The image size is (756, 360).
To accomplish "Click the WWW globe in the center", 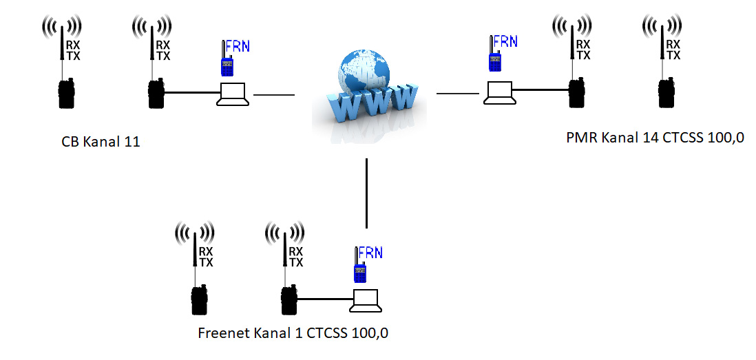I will tap(366, 93).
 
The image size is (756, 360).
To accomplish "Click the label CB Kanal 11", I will tap(100, 142).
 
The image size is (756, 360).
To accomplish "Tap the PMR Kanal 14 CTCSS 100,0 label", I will tap(655, 138).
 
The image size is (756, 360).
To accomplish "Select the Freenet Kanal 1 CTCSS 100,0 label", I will tap(293, 334).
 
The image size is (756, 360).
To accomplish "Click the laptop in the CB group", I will tap(232, 94).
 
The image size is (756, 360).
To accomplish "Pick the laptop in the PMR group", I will tap(498, 93).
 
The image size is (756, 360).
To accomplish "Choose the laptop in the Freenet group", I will tap(365, 301).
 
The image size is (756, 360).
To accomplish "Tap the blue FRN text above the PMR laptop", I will tap(505, 41).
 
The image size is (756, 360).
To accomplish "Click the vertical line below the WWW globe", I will tap(366, 193).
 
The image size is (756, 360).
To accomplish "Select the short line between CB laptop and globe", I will tap(274, 94).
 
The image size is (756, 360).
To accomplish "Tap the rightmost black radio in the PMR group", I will tap(666, 94).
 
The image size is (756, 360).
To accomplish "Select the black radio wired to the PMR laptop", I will tap(576, 94).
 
